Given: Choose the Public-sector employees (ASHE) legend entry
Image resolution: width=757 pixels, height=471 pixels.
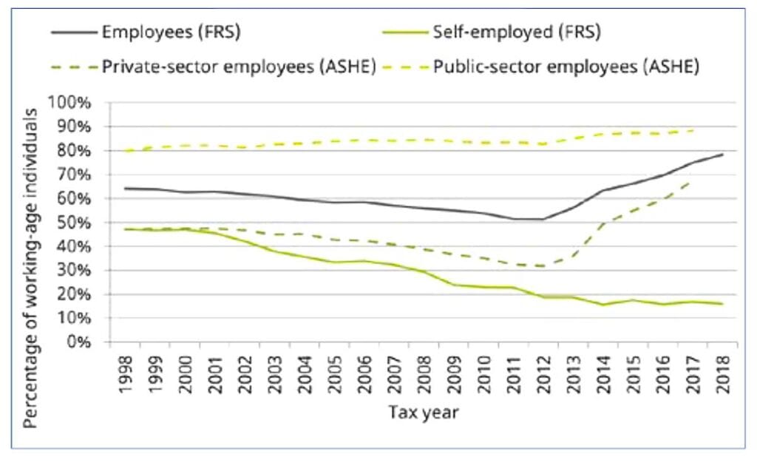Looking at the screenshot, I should click(566, 67).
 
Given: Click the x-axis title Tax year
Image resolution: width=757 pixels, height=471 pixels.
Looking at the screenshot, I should click(424, 413).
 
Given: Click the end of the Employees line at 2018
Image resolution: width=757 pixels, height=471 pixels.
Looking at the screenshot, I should click(722, 155).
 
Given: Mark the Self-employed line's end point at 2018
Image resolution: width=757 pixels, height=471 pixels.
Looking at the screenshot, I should click(722, 304).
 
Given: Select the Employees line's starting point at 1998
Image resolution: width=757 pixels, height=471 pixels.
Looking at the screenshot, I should click(126, 189).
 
